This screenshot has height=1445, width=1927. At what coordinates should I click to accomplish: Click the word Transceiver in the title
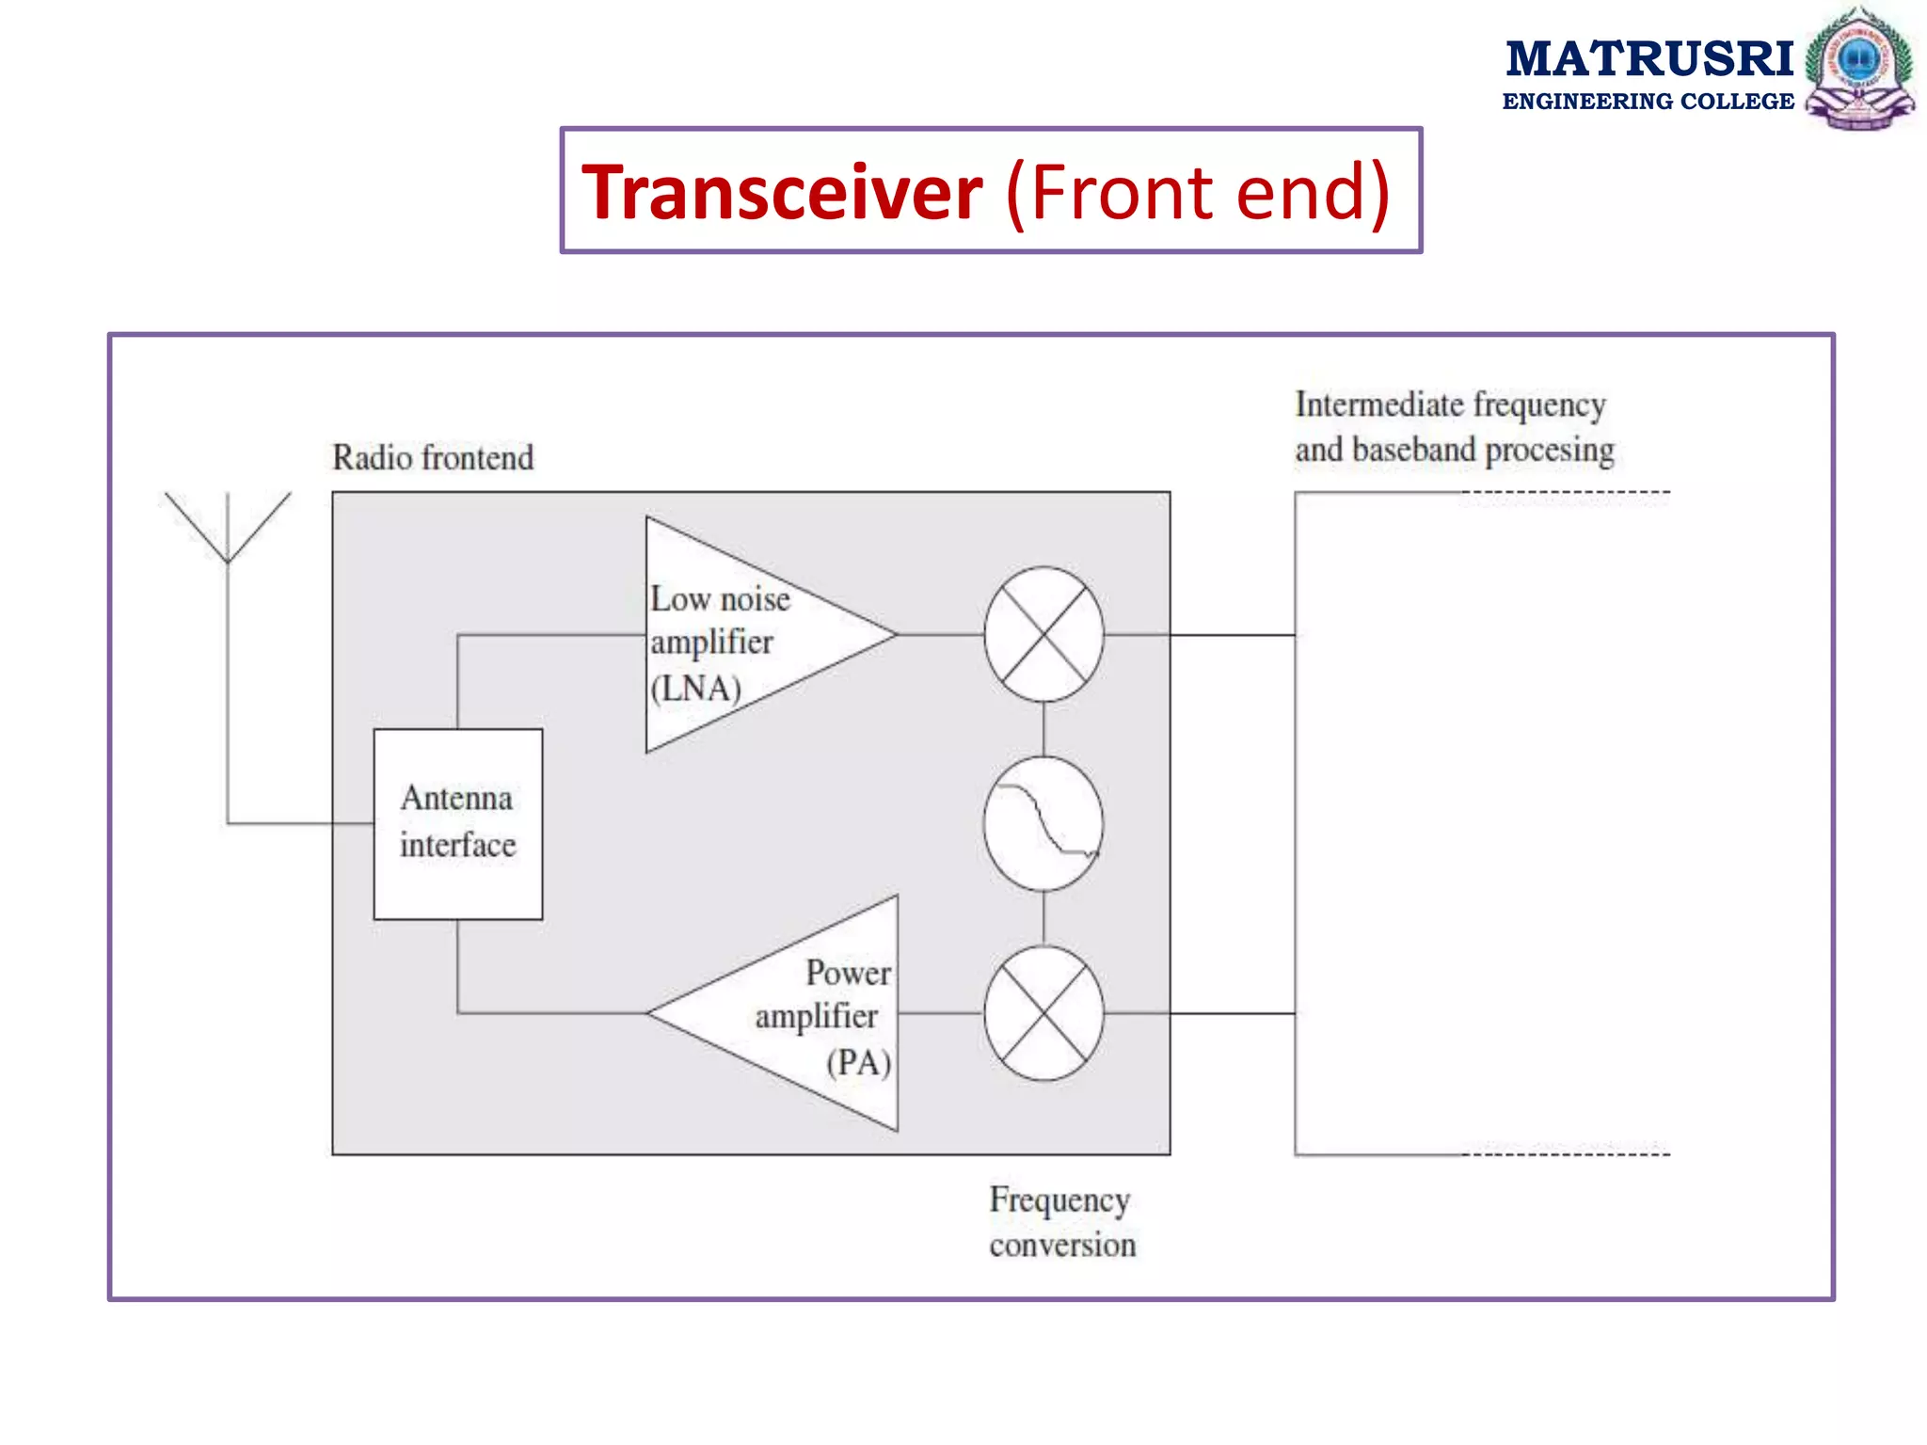point(782,192)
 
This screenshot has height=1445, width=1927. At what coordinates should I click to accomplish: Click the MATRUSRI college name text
point(1648,59)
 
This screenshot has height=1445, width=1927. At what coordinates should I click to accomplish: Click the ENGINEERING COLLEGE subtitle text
point(1648,102)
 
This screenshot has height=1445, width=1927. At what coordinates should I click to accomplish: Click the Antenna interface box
point(457,823)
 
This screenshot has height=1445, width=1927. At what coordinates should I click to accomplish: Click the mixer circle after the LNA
point(1043,635)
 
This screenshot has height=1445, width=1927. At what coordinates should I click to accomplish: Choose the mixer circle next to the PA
point(1043,1013)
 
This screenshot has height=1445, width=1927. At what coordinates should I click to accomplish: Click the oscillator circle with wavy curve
point(1043,823)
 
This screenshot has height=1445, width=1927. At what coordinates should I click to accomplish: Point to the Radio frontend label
point(433,458)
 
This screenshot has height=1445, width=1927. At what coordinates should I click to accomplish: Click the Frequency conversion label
point(1061,1222)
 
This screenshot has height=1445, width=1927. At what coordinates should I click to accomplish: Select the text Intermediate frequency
point(1450,405)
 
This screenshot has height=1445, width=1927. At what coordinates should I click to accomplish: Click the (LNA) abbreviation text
point(695,689)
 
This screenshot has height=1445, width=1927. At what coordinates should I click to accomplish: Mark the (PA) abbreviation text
point(858,1063)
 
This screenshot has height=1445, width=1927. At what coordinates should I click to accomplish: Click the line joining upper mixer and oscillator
point(1043,729)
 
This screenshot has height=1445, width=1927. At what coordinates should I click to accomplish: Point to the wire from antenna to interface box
point(282,824)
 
